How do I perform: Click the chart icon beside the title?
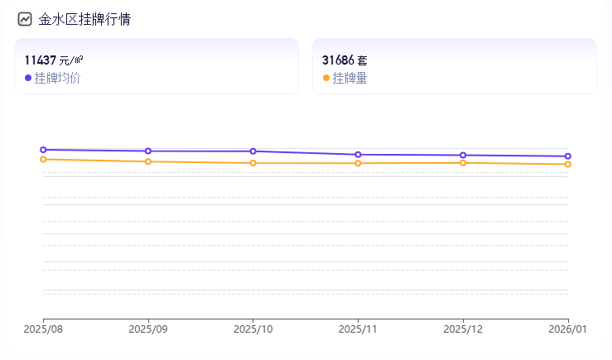25,19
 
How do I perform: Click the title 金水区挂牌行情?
84,19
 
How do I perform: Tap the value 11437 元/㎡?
54,60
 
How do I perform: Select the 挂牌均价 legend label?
57,78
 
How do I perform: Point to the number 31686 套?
345,60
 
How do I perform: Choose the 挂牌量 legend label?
349,78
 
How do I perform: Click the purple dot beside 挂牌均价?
28,78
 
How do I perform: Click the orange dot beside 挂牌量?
325,78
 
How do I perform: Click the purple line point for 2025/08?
43,150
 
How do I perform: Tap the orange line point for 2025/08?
43,159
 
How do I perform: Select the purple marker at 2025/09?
148,151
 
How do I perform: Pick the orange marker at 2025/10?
253,163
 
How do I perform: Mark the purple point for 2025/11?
358,155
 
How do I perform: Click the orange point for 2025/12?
463,163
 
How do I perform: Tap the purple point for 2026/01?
568,156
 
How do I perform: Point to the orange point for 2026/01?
568,165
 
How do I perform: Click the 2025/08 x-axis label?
43,329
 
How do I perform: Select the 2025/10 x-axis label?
253,329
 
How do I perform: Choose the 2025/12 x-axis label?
463,329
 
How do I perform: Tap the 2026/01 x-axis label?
568,329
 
